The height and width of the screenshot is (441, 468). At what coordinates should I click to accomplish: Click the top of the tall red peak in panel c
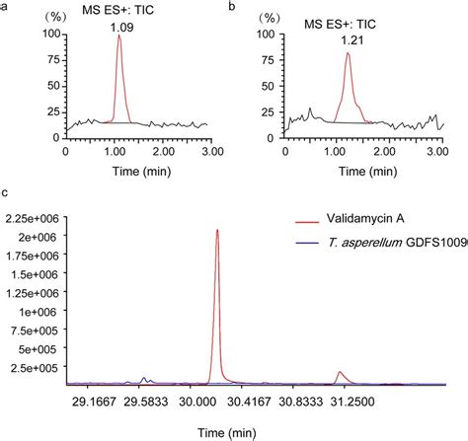(217, 230)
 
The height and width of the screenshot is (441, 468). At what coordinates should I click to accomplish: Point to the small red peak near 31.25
(340, 372)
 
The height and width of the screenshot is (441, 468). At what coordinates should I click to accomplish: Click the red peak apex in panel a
(118, 37)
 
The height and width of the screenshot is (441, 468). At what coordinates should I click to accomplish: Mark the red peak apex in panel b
(348, 53)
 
